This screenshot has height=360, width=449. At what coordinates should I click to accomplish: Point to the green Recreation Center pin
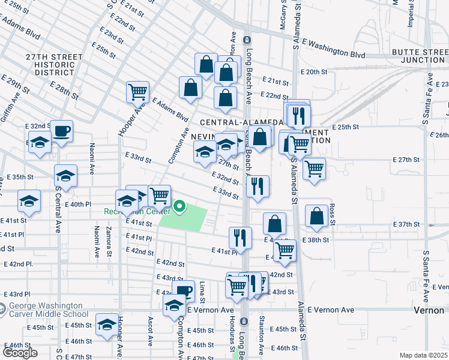(179, 208)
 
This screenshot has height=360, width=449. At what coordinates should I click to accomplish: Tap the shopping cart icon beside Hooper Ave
(137, 92)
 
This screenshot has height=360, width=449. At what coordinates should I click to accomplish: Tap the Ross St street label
(332, 213)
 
